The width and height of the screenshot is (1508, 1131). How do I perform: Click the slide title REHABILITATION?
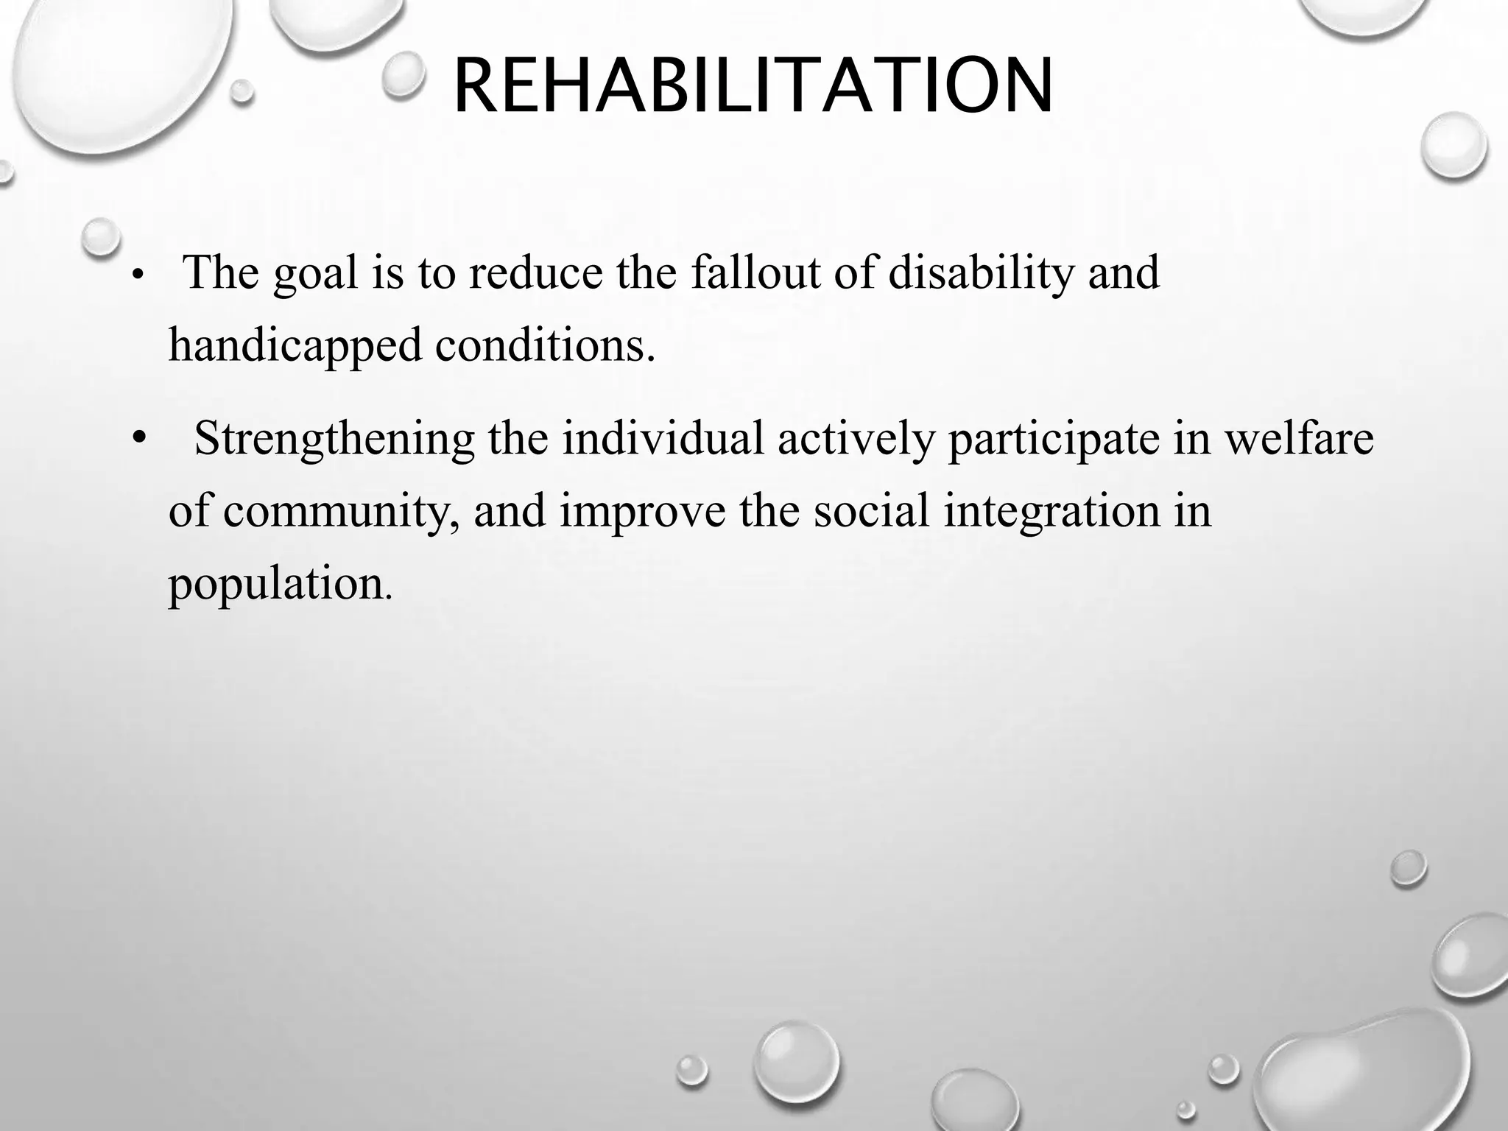point(753,87)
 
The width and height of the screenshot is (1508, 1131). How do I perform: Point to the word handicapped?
point(295,346)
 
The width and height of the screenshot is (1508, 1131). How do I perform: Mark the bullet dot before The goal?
point(137,277)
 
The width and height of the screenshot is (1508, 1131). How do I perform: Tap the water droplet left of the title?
point(404,75)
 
